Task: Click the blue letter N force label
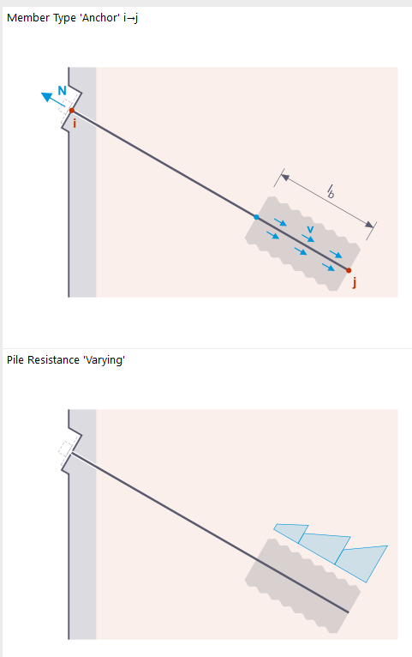tap(62, 91)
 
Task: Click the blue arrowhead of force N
tap(46, 97)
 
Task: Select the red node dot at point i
tap(72, 111)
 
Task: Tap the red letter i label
tap(75, 124)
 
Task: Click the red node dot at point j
tap(349, 271)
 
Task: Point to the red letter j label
tap(355, 283)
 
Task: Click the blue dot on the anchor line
tap(256, 217)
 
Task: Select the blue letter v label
tap(310, 229)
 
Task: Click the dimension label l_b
tap(331, 191)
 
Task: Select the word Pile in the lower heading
tap(15, 360)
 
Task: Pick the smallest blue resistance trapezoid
tap(292, 532)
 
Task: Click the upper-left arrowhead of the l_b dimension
tap(285, 178)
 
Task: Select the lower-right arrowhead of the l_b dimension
tap(369, 225)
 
